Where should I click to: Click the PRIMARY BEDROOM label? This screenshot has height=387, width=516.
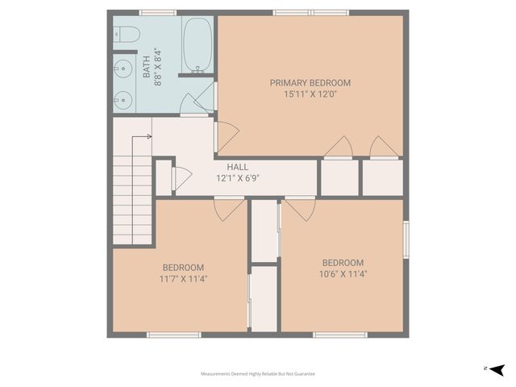click(310, 82)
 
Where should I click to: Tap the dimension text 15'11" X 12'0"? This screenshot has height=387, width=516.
click(310, 94)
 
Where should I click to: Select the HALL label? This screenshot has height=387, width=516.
click(237, 167)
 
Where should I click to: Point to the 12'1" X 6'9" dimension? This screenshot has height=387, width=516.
click(237, 178)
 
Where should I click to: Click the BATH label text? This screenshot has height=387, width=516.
click(147, 67)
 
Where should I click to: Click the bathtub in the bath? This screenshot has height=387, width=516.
click(197, 45)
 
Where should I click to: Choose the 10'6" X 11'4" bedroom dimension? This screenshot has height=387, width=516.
click(343, 274)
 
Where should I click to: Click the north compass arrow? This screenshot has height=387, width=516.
click(497, 369)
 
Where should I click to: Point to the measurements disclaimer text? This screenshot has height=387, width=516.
click(258, 374)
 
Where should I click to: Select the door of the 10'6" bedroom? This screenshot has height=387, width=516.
click(299, 209)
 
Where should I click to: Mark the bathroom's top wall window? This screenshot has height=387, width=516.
click(158, 13)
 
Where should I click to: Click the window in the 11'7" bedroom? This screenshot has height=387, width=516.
click(173, 335)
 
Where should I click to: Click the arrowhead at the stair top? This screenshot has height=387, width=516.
click(149, 137)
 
